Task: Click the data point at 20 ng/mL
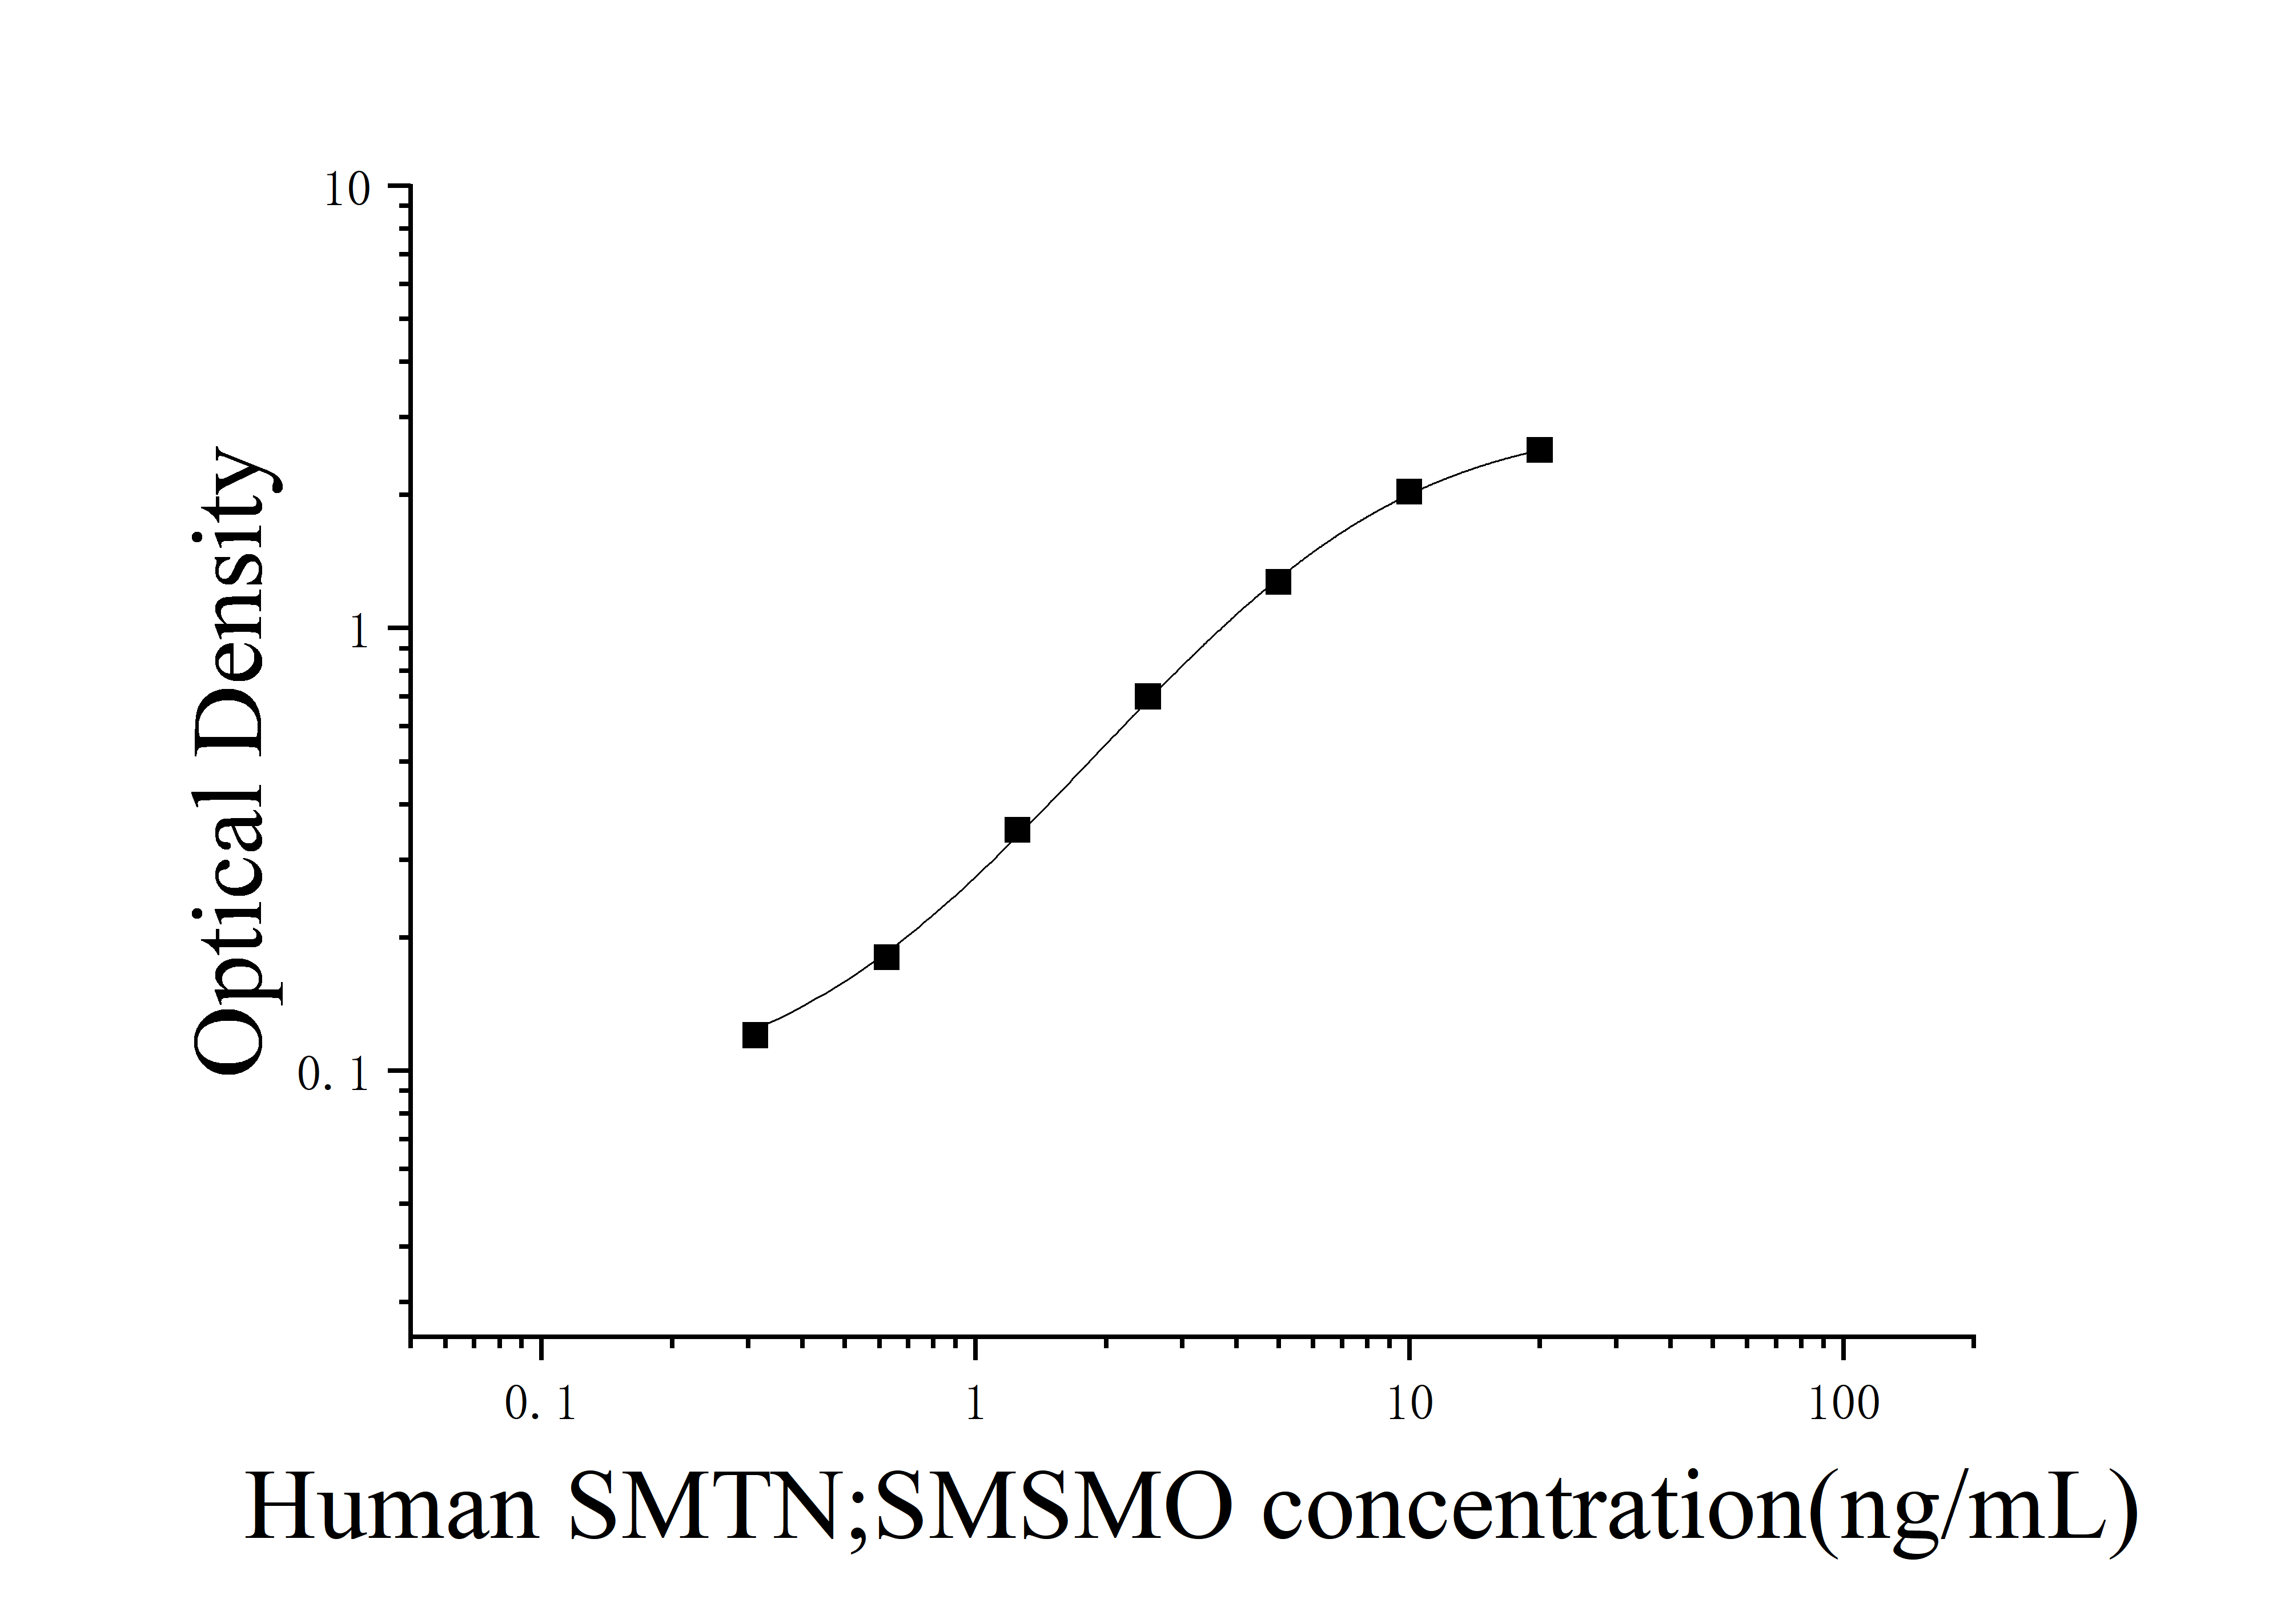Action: click(x=1540, y=450)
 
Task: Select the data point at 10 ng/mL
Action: click(x=1408, y=491)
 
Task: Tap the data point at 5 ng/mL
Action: click(x=1278, y=582)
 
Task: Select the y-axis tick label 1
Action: click(x=360, y=633)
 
